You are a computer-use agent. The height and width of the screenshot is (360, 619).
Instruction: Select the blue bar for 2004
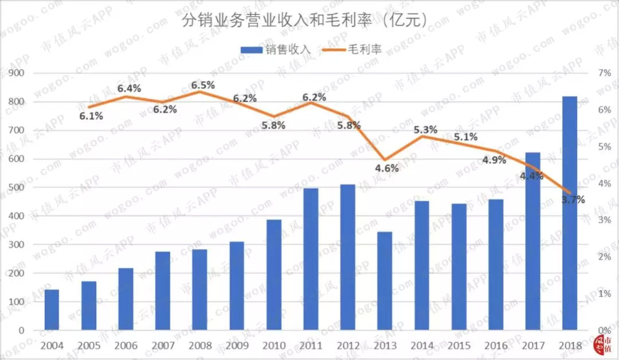tap(52, 310)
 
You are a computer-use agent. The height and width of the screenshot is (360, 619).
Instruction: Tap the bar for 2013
tap(385, 281)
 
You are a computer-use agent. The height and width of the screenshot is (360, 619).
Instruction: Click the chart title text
tap(304, 22)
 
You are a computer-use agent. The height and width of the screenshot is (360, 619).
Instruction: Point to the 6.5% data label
tap(203, 85)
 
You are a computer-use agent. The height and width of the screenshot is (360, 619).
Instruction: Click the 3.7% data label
tap(573, 200)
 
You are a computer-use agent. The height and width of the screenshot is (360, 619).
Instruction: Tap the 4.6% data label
tap(387, 169)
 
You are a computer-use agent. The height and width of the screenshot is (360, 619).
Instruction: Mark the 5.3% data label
tap(425, 130)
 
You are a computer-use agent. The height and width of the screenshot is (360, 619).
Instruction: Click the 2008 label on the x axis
tap(200, 346)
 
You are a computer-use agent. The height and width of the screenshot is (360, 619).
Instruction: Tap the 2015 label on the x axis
tap(459, 346)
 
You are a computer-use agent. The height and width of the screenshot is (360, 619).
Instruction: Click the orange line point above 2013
tap(385, 160)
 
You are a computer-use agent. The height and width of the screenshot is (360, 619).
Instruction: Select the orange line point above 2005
tap(89, 107)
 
